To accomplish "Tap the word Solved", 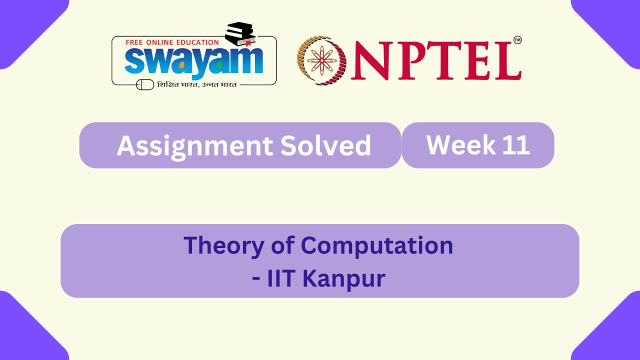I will pos(325,145).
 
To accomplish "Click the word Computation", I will pos(377,245).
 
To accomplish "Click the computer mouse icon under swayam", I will pos(145,84).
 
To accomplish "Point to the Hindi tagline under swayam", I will pos(197,84).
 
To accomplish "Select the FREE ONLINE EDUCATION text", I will pos(172,42).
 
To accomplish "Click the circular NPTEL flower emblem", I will pos(322,60).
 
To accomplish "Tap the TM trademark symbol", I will pos(517,40).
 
